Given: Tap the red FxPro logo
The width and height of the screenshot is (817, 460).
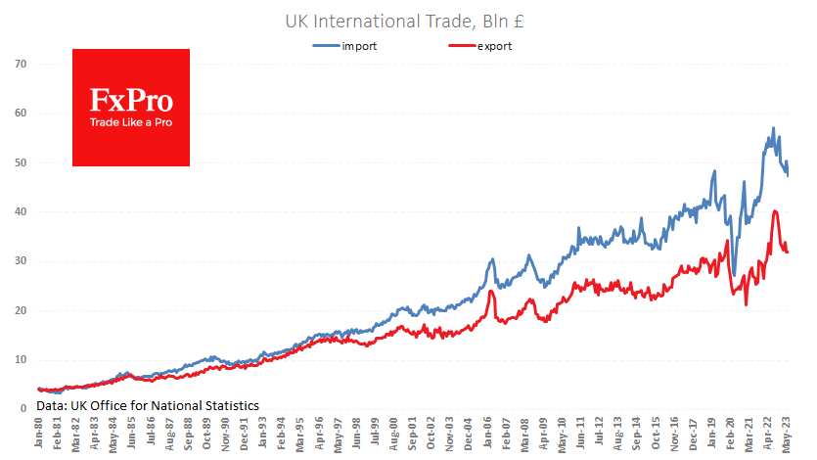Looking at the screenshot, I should [x=131, y=107].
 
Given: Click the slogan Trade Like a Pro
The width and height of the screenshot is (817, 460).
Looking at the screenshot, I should [x=131, y=123].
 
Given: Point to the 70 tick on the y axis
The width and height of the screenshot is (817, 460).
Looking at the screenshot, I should [x=19, y=64].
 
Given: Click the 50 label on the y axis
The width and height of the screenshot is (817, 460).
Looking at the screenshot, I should [x=19, y=162].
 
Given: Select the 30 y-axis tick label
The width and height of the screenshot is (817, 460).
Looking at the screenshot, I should [x=19, y=261].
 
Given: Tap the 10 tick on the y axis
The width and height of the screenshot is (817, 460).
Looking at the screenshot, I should [x=19, y=360].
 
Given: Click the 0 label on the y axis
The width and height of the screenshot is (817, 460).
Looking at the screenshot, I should [x=22, y=409].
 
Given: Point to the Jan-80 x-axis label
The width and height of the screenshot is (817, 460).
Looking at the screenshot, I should [x=38, y=435].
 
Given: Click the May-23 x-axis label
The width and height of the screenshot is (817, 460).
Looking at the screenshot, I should [x=787, y=435].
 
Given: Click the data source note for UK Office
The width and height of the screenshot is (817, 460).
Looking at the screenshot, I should [x=148, y=403].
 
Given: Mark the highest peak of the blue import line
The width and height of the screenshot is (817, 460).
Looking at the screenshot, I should [x=773, y=128].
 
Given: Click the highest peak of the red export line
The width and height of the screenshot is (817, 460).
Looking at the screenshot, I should [x=775, y=210].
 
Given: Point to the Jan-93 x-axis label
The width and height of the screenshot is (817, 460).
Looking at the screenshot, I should [x=263, y=435].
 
